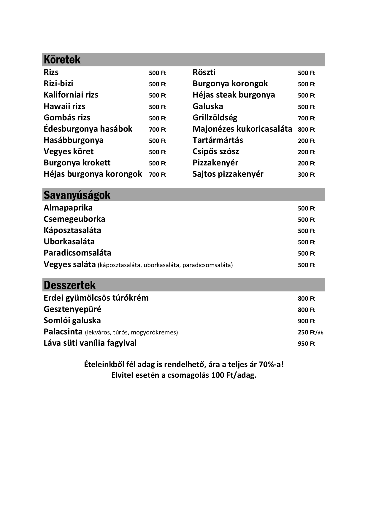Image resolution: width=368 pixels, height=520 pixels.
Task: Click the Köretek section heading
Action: (62, 60)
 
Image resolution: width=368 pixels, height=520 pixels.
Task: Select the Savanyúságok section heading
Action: (77, 195)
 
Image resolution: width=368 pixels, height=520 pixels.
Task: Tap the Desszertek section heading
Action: (69, 285)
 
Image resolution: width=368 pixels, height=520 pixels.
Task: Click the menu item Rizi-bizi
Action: (58, 84)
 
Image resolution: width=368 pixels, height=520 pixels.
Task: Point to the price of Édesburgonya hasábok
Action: (157, 130)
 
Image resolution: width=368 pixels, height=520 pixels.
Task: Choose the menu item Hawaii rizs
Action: (64, 106)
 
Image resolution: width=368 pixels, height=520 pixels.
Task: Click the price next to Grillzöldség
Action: (306, 118)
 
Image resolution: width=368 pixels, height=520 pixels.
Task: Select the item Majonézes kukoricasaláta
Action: (242, 129)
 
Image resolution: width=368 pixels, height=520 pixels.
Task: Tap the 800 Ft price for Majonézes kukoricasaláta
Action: (306, 130)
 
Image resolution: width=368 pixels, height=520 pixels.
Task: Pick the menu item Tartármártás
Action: (218, 140)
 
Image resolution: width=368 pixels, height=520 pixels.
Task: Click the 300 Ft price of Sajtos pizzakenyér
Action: (306, 175)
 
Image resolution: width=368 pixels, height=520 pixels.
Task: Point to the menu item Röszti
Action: (204, 72)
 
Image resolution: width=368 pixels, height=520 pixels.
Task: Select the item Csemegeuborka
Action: (74, 219)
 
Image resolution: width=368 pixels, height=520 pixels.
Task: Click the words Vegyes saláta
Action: (70, 264)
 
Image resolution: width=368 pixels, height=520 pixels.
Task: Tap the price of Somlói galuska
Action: (306, 321)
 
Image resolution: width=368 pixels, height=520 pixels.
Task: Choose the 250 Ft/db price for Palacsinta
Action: (310, 332)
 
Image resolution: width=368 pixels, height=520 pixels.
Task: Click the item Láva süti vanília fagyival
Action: (90, 343)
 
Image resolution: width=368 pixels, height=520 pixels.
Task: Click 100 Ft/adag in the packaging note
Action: (234, 375)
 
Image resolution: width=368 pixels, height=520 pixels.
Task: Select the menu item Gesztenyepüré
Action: (72, 309)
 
